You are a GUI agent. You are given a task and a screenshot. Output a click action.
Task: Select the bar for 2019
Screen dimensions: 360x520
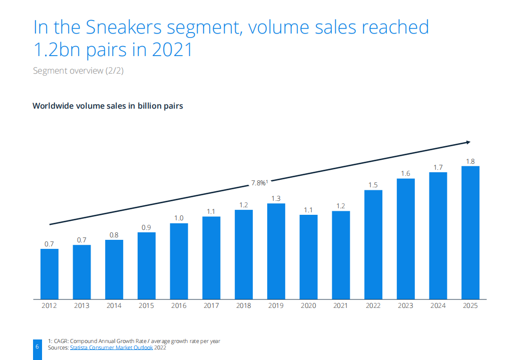click(276, 251)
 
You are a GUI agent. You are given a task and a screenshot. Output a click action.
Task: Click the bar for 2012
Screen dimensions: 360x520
click(50, 273)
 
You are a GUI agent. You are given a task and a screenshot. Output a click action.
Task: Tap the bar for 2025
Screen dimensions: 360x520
click(470, 232)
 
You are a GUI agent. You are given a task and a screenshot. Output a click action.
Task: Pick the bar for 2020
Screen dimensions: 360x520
click(309, 256)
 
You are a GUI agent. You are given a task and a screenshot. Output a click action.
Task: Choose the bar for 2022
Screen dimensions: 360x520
click(373, 244)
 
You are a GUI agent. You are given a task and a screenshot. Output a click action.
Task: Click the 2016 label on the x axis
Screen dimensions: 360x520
click(179, 305)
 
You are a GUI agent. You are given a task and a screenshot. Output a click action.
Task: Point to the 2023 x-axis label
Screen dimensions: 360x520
click(406, 305)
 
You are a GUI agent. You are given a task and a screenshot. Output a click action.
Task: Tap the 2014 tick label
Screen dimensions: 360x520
click(114, 305)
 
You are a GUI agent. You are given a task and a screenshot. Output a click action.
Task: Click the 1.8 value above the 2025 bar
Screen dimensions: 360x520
click(470, 161)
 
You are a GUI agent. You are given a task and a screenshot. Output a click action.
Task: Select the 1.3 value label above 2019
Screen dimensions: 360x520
click(276, 198)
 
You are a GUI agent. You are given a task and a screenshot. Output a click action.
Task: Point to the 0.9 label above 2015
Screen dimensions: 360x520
click(146, 227)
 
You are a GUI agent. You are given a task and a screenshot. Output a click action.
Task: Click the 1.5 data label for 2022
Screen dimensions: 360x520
click(373, 185)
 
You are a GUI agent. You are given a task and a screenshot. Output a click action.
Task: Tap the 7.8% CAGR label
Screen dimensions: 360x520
click(259, 183)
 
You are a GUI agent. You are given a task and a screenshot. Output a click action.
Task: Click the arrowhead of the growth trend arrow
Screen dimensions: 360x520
click(467, 142)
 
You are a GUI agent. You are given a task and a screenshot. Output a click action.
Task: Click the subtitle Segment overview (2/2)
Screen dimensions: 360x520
click(78, 71)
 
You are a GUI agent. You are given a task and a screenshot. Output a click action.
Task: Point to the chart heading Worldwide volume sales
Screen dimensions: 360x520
click(108, 106)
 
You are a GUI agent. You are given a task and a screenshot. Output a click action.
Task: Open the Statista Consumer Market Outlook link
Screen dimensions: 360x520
click(112, 347)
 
